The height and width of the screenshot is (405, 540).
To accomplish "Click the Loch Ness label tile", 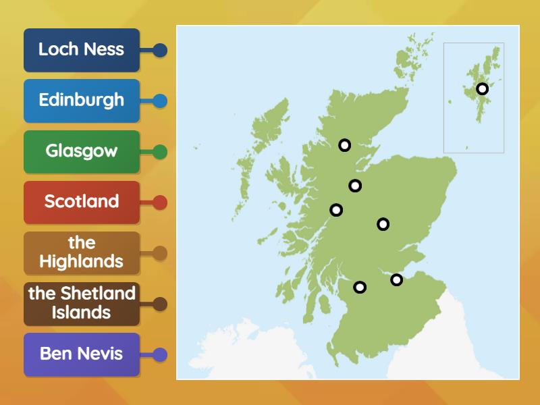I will coord(81,50).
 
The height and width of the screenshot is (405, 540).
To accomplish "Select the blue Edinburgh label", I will coord(81,101).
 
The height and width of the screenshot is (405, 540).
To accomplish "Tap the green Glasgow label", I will coord(81,151).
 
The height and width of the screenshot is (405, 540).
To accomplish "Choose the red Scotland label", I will coord(81,202).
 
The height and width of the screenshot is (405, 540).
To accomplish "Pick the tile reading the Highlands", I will coord(81,252).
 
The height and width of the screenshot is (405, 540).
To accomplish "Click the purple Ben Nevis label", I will coord(81,354).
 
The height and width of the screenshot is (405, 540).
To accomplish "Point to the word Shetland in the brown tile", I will coord(98,294).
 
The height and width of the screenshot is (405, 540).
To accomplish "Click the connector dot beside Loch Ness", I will coord(160,50).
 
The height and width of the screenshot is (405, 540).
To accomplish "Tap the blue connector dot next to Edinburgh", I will coord(160,101).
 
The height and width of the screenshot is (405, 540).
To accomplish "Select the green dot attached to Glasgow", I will coord(160,151).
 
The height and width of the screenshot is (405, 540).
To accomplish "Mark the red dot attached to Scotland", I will coord(160,202).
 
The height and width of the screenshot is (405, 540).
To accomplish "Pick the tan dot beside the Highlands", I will coord(160,253).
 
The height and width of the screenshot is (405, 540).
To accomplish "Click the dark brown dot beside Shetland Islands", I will coord(160,304).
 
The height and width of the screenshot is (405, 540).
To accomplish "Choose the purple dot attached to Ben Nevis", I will coord(160,354).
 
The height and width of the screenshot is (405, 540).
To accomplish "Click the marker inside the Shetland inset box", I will coord(482,88).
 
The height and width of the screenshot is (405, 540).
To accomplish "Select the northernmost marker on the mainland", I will coord(344,144).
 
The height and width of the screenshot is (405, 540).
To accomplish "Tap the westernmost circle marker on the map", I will coord(335,210).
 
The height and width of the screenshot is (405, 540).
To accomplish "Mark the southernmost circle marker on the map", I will coord(360,287).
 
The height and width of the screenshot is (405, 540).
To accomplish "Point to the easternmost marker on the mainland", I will coord(396,279).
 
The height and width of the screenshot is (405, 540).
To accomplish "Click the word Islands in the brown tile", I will coord(81,313).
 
